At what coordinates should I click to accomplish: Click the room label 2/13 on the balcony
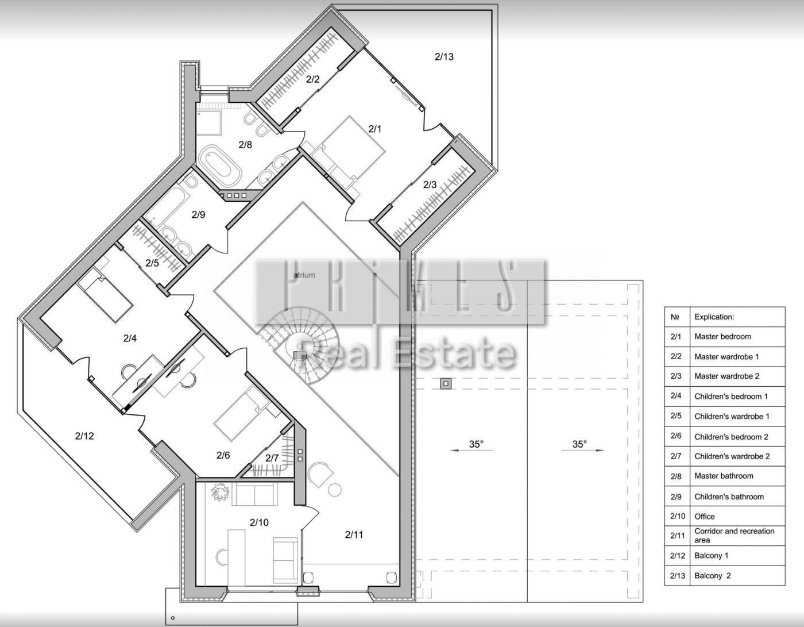(x=443, y=57)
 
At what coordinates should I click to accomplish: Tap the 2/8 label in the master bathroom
(x=245, y=145)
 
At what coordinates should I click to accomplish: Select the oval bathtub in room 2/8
(x=220, y=166)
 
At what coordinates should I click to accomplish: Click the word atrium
(x=304, y=275)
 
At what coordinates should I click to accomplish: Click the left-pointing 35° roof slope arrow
(x=471, y=450)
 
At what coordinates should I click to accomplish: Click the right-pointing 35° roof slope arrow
(x=582, y=450)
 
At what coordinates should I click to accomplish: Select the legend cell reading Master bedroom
(x=722, y=336)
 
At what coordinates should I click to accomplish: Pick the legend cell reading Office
(x=705, y=516)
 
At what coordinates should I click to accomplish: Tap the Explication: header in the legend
(x=714, y=317)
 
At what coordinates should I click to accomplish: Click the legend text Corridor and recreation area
(x=734, y=535)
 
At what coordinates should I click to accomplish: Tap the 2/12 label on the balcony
(x=84, y=436)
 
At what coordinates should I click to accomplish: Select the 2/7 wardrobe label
(x=272, y=458)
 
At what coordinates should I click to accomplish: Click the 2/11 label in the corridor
(x=354, y=534)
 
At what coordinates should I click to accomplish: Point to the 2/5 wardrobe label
(x=152, y=263)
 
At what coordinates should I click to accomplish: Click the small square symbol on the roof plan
(x=446, y=383)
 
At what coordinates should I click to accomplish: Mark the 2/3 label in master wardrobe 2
(x=430, y=184)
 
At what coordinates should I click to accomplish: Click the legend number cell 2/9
(x=676, y=497)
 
